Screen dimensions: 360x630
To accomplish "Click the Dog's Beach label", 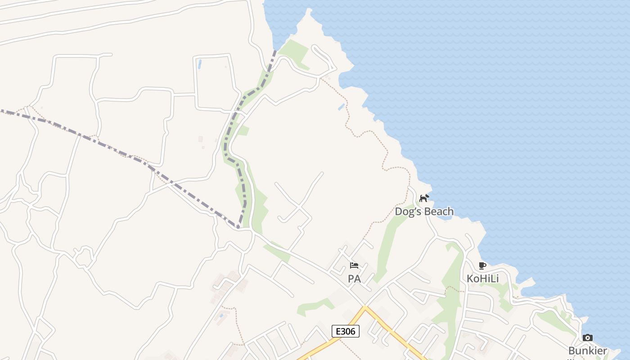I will pyautogui.click(x=424, y=211).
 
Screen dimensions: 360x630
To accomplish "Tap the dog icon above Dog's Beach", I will pyautogui.click(x=424, y=198).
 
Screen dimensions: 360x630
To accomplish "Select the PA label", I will pyautogui.click(x=354, y=279).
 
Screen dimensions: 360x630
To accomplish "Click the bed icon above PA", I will pyautogui.click(x=354, y=265).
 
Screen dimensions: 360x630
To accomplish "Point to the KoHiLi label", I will pyautogui.click(x=482, y=279).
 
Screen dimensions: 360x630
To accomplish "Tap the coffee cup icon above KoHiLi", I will pyautogui.click(x=482, y=265).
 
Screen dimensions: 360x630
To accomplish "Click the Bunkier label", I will pyautogui.click(x=588, y=351).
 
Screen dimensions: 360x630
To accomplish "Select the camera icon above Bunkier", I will pyautogui.click(x=587, y=337).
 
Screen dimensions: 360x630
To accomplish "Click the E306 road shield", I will pyautogui.click(x=346, y=332).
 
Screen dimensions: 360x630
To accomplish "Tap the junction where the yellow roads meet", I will pyautogui.click(x=365, y=308).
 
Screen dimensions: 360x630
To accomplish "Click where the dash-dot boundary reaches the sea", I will pyautogui.click(x=275, y=50).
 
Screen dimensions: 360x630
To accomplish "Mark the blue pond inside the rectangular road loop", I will pyautogui.click(x=199, y=64).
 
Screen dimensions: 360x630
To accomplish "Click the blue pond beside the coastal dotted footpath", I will pyautogui.click(x=342, y=107).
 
